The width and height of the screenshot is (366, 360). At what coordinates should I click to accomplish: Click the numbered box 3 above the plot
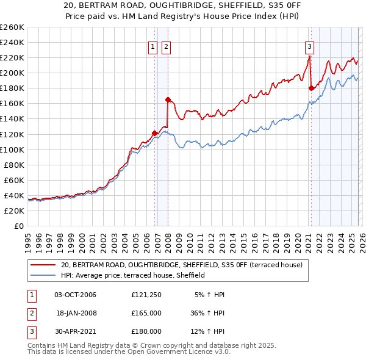tap(309, 46)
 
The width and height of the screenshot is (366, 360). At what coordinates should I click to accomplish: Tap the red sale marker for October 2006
tap(154, 132)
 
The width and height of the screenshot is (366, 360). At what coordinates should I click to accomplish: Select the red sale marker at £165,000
tap(168, 99)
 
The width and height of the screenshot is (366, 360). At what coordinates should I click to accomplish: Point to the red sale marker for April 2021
tap(311, 88)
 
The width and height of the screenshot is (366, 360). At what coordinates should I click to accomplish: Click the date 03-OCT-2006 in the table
tap(75, 295)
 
